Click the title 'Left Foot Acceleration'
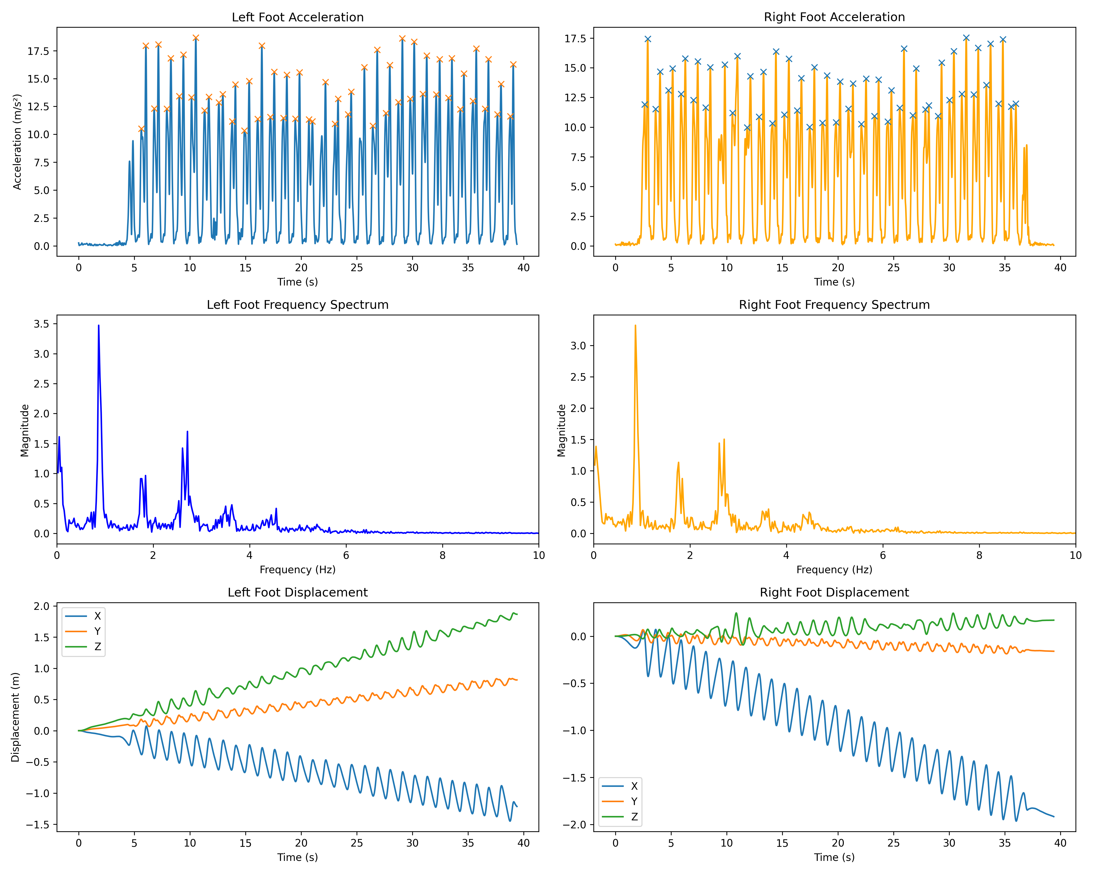[298, 17]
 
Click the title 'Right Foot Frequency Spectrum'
[834, 304]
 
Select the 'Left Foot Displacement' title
[298, 592]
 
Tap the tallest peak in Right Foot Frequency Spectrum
[635, 326]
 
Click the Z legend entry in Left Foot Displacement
[97, 647]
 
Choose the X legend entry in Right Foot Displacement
[634, 786]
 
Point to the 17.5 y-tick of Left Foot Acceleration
[39, 51]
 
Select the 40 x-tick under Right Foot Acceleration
[1060, 268]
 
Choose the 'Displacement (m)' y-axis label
[15, 717]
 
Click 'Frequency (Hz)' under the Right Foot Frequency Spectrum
[834, 570]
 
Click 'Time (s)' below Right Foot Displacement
[834, 857]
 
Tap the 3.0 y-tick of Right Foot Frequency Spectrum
[578, 345]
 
